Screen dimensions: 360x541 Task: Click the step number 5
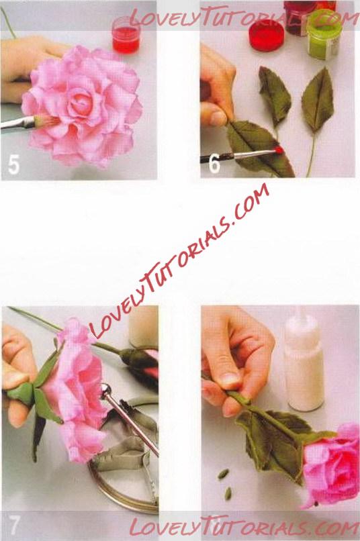[x=13, y=165]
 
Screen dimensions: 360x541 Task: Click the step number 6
[x=214, y=163]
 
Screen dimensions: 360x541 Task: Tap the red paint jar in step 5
[x=126, y=35]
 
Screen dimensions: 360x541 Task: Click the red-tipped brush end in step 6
[x=278, y=150]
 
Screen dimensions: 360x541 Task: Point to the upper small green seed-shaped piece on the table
[x=223, y=474]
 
